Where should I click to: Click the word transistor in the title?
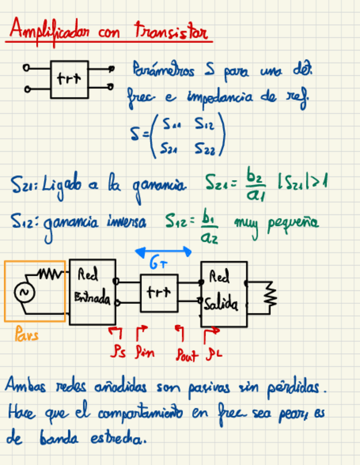point(170,30)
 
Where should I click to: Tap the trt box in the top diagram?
point(69,79)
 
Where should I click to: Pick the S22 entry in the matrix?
point(205,147)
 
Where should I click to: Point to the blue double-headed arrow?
point(163,252)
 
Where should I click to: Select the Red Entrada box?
point(92,292)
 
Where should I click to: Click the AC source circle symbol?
point(23,293)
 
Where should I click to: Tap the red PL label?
point(215,352)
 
